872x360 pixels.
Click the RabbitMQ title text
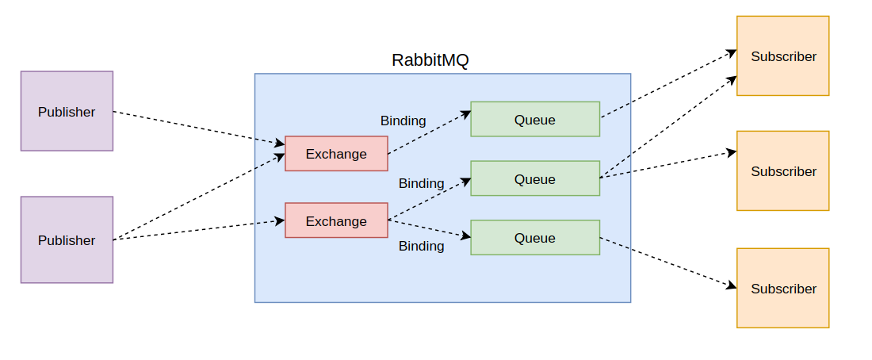pos(430,60)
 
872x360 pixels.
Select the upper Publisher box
pos(67,111)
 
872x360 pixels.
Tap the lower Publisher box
pos(67,239)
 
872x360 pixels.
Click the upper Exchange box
pos(336,154)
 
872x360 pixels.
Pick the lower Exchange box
pos(336,220)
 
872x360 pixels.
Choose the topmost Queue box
pos(535,119)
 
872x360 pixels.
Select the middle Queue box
pos(535,178)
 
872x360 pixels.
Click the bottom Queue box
pos(535,238)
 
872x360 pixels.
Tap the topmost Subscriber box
pos(783,56)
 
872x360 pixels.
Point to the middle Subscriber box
pos(783,170)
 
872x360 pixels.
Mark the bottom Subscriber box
pos(783,288)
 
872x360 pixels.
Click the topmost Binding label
pos(403,121)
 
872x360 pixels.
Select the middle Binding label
pos(422,183)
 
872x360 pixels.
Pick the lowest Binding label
pos(422,246)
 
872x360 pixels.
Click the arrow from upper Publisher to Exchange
pos(199,128)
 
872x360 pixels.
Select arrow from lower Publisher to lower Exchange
pos(199,231)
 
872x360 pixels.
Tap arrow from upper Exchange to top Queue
pos(430,132)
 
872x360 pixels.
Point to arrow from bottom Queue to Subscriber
pos(668,262)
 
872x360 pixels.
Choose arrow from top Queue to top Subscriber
pos(669,84)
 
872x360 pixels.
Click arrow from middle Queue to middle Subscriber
pos(668,164)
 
